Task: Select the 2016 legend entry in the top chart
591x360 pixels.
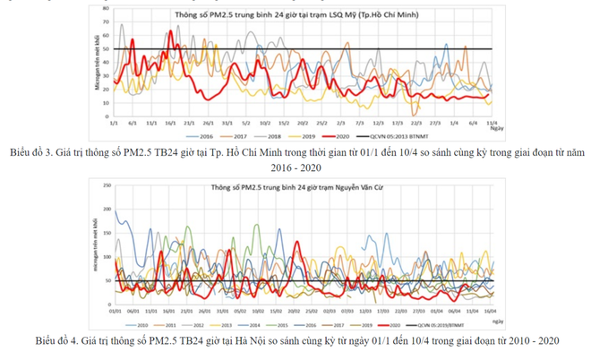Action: [202, 135]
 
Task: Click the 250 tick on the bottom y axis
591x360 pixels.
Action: [106, 185]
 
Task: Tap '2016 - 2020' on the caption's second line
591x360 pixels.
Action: [295, 166]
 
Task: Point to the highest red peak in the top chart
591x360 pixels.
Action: [171, 32]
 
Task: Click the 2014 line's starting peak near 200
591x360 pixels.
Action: [116, 211]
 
